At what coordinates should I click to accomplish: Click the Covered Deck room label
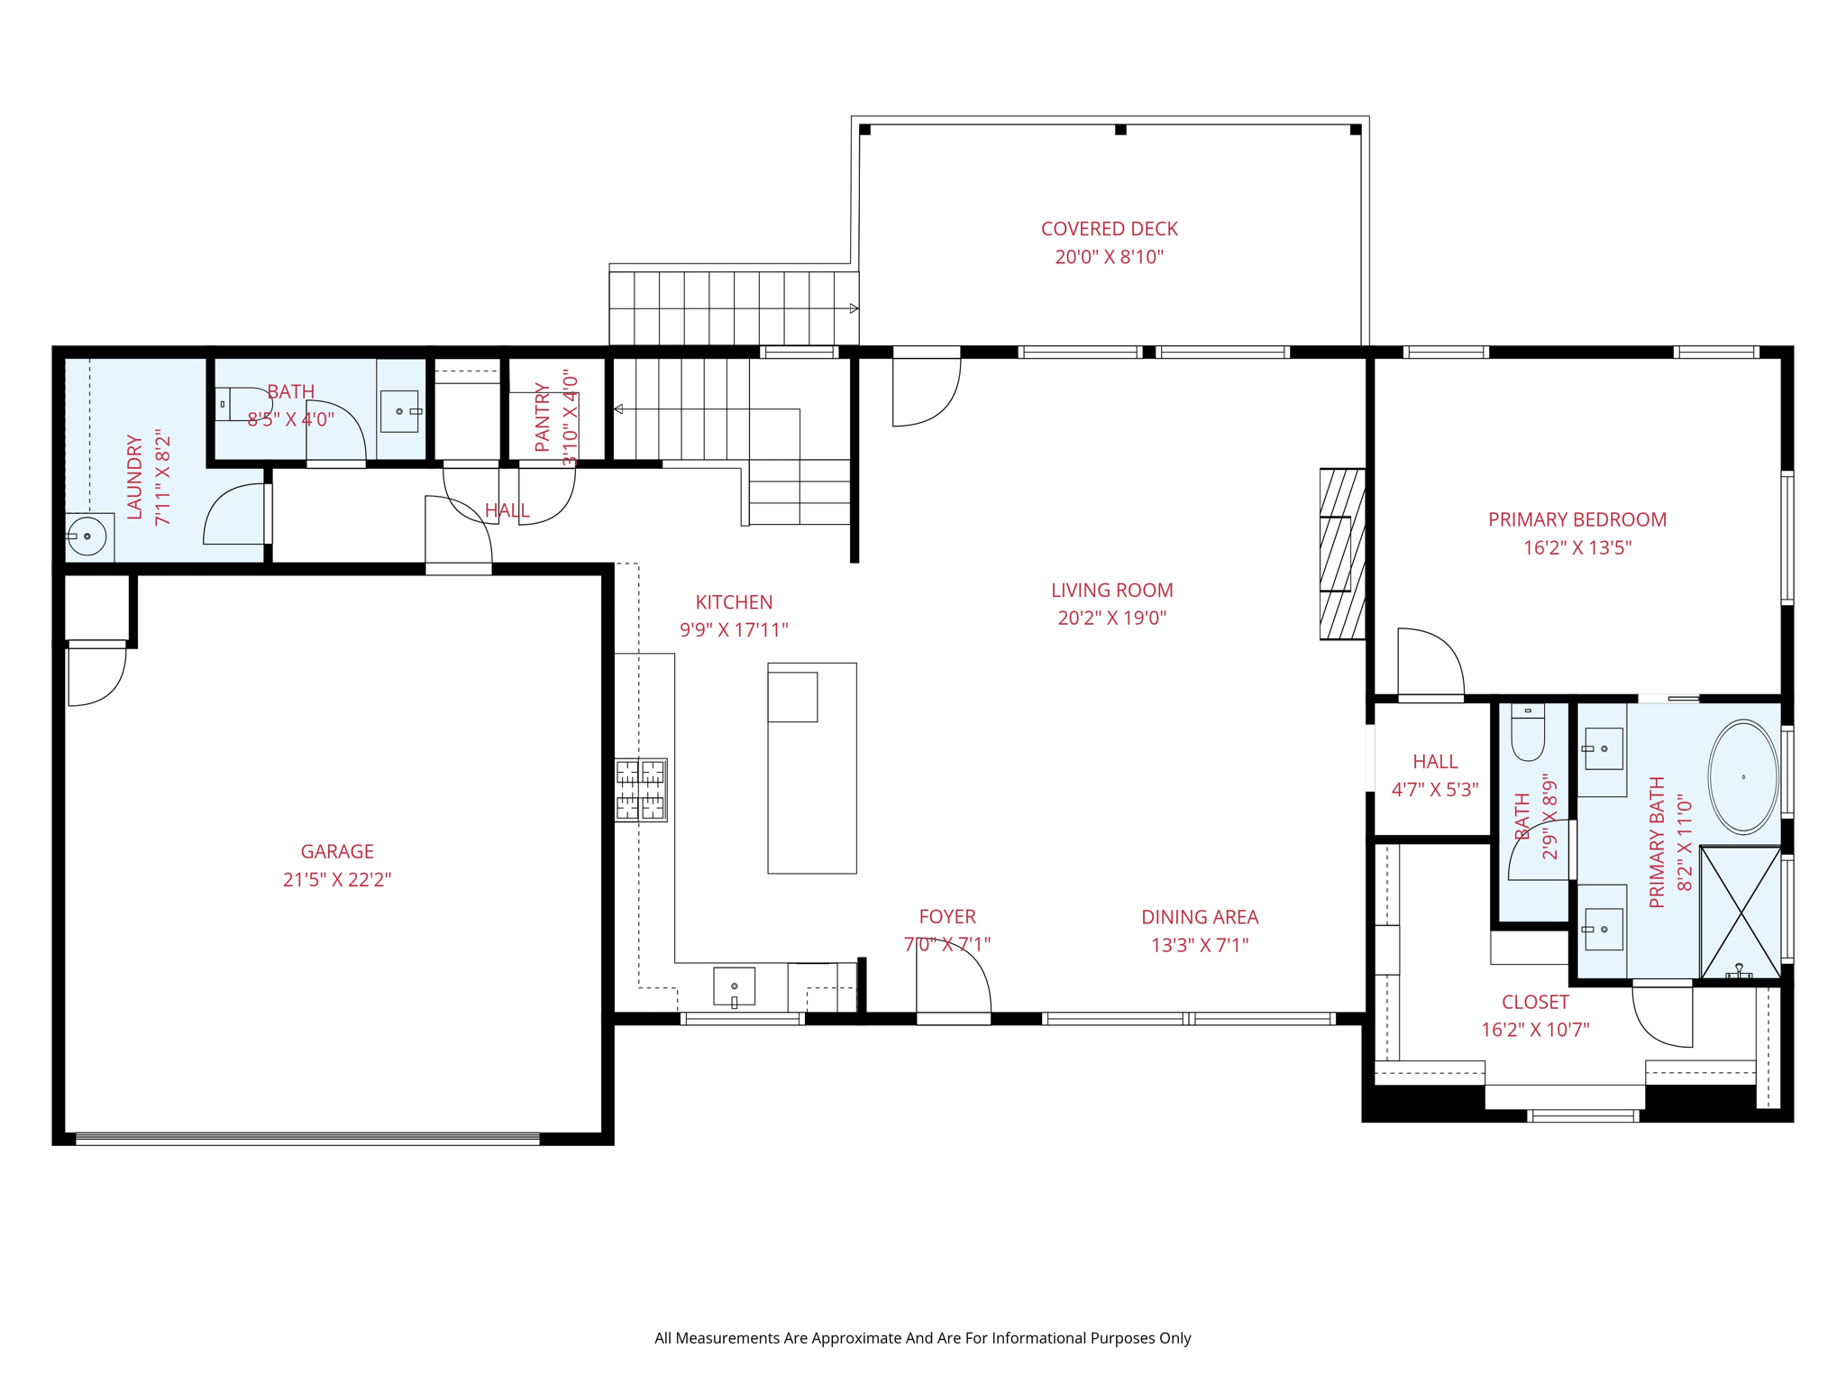(x=1109, y=229)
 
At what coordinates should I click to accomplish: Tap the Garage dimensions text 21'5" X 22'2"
(x=337, y=879)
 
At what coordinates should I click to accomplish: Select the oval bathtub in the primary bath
(x=1743, y=776)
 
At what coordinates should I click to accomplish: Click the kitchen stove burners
(x=641, y=789)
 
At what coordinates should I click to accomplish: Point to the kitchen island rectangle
(x=811, y=768)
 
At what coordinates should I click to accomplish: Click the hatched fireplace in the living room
(x=1341, y=554)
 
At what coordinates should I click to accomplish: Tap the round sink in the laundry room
(x=87, y=537)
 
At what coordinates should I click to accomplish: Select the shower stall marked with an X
(x=1741, y=913)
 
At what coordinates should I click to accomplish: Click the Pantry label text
(x=543, y=417)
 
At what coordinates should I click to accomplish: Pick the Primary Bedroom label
(x=1576, y=519)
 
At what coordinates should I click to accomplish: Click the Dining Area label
(x=1199, y=917)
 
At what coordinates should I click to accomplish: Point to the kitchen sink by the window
(x=734, y=986)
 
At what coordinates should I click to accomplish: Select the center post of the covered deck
(x=1120, y=130)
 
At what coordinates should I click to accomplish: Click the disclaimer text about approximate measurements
(x=922, y=1338)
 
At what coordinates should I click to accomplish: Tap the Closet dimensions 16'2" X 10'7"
(x=1534, y=1030)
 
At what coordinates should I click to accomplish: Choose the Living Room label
(x=1111, y=590)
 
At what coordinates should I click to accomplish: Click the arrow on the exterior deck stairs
(x=854, y=308)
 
